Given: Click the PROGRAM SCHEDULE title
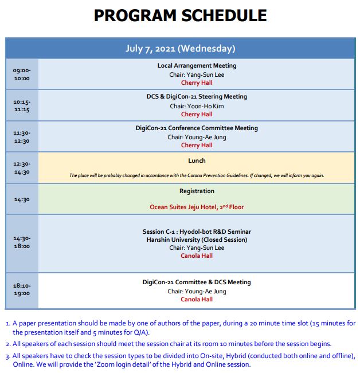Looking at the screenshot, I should tap(180, 15).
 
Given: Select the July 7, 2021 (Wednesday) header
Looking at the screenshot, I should tap(180, 49).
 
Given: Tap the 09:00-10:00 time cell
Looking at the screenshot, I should tap(22, 74).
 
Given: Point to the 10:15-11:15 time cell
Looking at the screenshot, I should tap(22, 105).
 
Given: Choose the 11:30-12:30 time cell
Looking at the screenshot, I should tap(22, 137).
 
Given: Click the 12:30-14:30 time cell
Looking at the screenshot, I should tap(22, 168).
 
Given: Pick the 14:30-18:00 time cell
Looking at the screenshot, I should tap(22, 242).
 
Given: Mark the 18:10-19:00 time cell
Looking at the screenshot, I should tap(22, 289).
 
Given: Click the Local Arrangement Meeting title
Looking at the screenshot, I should tap(197, 66).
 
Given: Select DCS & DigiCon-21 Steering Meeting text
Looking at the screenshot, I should tap(197, 97).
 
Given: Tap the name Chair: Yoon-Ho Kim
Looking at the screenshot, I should tap(197, 106).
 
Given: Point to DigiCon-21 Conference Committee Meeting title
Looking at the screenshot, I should tap(197, 128).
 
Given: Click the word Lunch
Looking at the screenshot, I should tap(197, 161).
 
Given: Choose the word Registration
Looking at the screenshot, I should tap(197, 191).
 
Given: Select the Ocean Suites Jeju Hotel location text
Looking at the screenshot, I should tap(197, 207).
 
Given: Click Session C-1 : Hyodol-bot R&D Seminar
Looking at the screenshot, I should tap(197, 232).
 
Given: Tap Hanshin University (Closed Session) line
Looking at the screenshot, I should tap(197, 240).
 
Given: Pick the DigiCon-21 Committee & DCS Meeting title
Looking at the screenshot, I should tap(197, 282).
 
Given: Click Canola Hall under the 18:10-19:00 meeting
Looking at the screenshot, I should tap(197, 299).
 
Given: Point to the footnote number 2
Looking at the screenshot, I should tap(7, 344).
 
